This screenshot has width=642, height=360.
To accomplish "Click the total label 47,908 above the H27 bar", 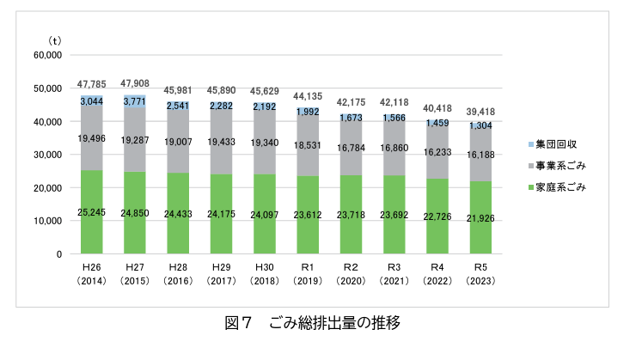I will (136, 84).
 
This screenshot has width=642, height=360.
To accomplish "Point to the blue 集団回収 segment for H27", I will (136, 101).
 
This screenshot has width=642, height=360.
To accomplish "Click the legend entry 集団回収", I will (553, 144).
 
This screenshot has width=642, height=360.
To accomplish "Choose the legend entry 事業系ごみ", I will (559, 165).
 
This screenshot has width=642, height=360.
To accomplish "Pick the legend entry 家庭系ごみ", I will (559, 186).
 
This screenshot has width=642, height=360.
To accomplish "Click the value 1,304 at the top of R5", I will (482, 126).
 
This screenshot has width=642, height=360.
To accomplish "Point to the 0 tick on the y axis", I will (58, 254).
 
